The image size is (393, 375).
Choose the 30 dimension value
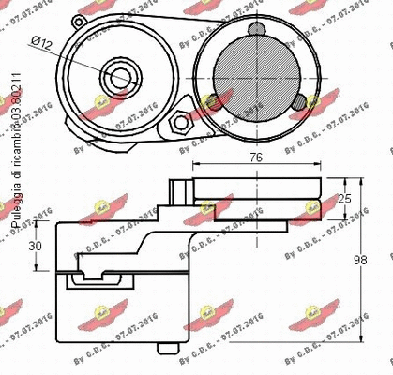(35, 246)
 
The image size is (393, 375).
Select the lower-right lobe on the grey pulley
(295, 100)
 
